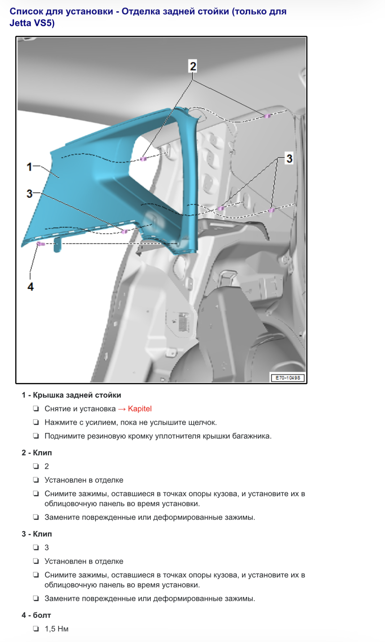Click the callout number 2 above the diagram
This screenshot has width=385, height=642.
(x=193, y=66)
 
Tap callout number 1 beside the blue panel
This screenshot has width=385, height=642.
(x=29, y=167)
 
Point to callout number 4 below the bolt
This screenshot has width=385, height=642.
(x=31, y=287)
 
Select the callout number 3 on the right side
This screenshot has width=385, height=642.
(x=289, y=159)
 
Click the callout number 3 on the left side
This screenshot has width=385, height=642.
(x=29, y=194)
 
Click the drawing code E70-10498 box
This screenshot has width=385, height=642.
(x=288, y=378)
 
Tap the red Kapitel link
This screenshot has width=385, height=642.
(x=140, y=409)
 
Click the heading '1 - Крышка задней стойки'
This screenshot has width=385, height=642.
(x=71, y=395)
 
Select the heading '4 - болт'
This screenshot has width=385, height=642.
(x=36, y=615)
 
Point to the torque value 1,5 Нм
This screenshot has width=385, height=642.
(x=57, y=629)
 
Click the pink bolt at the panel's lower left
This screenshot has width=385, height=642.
(x=41, y=244)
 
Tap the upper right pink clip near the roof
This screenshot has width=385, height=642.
(x=267, y=116)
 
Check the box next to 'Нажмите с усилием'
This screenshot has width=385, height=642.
(x=36, y=422)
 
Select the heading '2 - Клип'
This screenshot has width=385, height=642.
(x=37, y=453)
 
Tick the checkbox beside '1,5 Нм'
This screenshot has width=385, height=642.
(x=36, y=629)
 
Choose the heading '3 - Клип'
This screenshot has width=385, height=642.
(x=37, y=534)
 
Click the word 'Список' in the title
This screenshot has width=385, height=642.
(x=26, y=12)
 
